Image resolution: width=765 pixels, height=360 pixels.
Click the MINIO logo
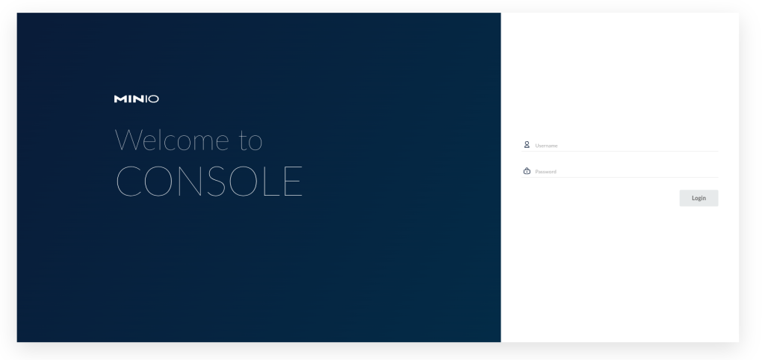[x=136, y=99]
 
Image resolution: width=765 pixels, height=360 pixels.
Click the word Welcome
[x=172, y=140]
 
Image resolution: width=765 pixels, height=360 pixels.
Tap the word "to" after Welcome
[x=251, y=140]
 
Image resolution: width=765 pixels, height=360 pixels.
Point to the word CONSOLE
[x=209, y=181]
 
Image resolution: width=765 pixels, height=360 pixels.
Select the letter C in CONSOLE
[x=129, y=181]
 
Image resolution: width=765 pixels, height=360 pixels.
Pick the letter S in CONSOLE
[x=226, y=181]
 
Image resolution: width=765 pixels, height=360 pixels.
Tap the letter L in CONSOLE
[x=271, y=181]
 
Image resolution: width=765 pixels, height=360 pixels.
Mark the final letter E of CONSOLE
[x=293, y=181]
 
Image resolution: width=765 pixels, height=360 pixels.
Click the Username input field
[x=626, y=146]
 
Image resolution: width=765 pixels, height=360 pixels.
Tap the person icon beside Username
[x=527, y=145]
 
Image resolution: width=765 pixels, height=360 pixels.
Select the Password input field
[x=626, y=171]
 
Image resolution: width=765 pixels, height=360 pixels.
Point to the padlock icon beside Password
[x=527, y=171]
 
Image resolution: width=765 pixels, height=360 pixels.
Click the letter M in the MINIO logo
[x=120, y=99]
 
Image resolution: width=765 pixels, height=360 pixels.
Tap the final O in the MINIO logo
[x=154, y=99]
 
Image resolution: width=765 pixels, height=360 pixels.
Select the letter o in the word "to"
[x=256, y=144]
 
